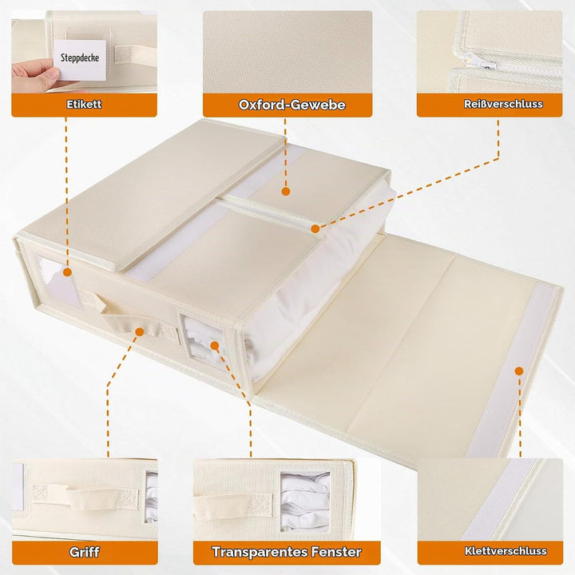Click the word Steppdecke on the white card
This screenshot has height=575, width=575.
pyautogui.click(x=80, y=57)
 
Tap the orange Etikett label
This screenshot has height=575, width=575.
pyautogui.click(x=84, y=105)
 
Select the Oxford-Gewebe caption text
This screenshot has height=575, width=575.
pyautogui.click(x=292, y=105)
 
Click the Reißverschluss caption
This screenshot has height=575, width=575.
pyautogui.click(x=503, y=104)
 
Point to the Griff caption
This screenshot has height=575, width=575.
pyautogui.click(x=85, y=552)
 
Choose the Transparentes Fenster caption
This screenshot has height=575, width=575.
pyautogui.click(x=287, y=552)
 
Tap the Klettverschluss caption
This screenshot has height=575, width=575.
pyautogui.click(x=506, y=551)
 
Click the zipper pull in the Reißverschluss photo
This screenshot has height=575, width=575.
pyautogui.click(x=481, y=61)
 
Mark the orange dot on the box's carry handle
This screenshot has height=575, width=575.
pyautogui.click(x=139, y=332)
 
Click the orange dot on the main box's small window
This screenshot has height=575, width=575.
pyautogui.click(x=215, y=346)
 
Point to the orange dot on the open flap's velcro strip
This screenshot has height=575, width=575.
pyautogui.click(x=519, y=371)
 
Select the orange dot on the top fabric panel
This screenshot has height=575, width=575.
pyautogui.click(x=286, y=191)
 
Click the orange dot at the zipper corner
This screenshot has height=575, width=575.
pyautogui.click(x=315, y=229)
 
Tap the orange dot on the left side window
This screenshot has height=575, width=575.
pyautogui.click(x=67, y=272)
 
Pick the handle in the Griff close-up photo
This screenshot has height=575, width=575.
pyautogui.click(x=85, y=495)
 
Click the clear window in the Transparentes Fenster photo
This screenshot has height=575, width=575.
pyautogui.click(x=305, y=502)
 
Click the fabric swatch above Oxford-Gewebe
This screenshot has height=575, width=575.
pyautogui.click(x=287, y=52)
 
